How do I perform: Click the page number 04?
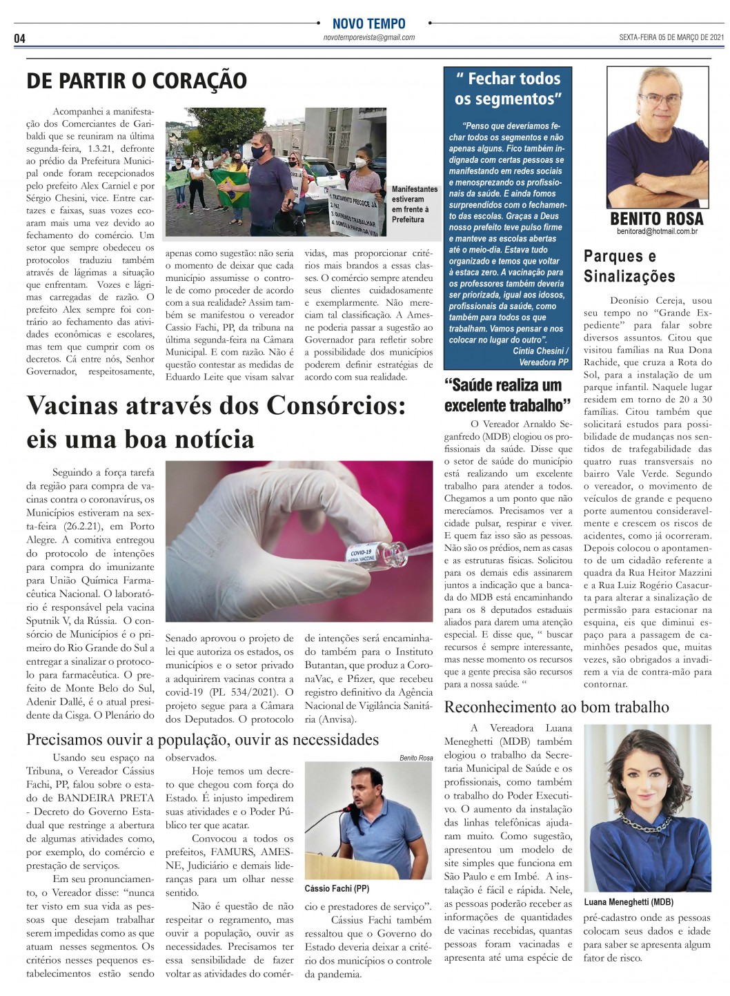point(19,39)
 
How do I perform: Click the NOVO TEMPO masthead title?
point(368,23)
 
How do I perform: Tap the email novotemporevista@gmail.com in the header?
point(368,38)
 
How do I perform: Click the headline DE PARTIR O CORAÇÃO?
point(137,81)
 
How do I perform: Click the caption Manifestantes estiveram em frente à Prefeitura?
point(414,204)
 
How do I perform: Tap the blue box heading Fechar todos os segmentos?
point(508,89)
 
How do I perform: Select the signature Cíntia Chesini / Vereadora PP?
point(540,356)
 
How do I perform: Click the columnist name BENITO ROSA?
point(657,219)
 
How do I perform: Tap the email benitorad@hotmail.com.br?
point(657,232)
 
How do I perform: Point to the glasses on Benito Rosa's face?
point(660,99)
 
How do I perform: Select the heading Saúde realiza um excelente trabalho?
point(507,395)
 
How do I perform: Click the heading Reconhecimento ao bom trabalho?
point(556,707)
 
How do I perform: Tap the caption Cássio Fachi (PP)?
point(337,888)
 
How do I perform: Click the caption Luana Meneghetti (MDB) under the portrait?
point(629,902)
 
